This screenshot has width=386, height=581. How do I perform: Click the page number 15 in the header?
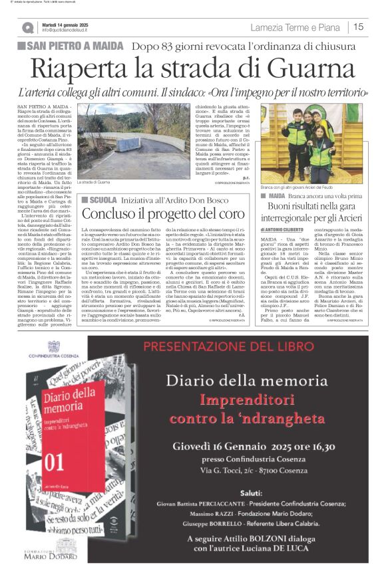pos(358,27)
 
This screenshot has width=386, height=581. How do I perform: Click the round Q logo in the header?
pos(28,27)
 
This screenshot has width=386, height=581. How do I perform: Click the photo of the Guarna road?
pos(134,139)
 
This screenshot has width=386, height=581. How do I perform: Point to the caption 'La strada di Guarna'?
pos(94,181)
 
